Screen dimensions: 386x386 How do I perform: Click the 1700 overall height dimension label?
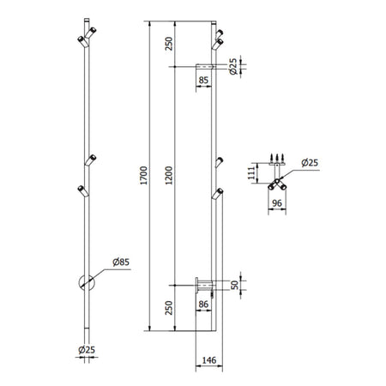[x=143, y=175]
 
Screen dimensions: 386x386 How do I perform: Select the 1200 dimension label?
[x=169, y=175]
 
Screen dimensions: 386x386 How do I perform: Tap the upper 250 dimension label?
[x=169, y=44]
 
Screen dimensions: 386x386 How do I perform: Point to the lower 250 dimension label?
[x=169, y=308]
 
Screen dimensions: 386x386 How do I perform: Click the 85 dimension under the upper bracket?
[x=203, y=80]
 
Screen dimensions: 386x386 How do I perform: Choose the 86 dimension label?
[x=203, y=304]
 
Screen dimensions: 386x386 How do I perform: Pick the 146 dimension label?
[x=209, y=360]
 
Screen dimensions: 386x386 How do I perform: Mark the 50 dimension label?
[x=234, y=285]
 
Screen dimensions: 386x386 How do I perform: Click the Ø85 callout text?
[x=121, y=262]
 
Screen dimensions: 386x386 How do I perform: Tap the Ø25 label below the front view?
[x=87, y=350]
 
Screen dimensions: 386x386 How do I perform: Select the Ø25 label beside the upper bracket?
[x=233, y=66]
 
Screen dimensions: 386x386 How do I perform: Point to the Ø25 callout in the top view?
[x=310, y=163]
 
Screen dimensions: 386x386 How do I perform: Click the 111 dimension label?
[x=251, y=172]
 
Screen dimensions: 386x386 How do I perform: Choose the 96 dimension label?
[x=277, y=203]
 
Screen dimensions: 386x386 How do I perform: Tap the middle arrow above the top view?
[x=277, y=158]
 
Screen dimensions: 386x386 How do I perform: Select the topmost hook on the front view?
[x=90, y=33]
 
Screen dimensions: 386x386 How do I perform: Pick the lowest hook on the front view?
[x=83, y=191]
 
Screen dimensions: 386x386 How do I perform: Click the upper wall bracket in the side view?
[x=204, y=67]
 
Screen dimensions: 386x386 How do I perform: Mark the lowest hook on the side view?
[x=218, y=194]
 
